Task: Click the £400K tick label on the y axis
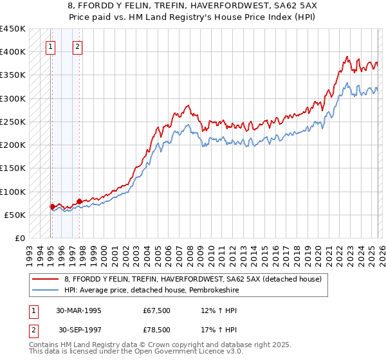13,52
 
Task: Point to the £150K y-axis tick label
13,168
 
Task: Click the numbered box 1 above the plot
51,46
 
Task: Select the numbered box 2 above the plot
77,46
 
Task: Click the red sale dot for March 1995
52,207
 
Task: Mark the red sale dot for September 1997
79,202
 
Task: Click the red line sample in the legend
45,279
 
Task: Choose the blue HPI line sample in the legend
45,290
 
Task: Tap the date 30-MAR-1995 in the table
79,310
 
